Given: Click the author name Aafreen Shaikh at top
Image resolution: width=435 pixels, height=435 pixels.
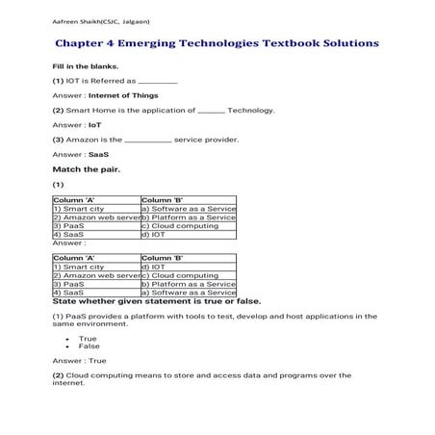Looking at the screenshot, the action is (87, 21).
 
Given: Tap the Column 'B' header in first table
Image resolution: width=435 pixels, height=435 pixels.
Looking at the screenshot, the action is (162, 200).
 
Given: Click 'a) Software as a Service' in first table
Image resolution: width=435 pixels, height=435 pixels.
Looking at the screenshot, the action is (188, 209).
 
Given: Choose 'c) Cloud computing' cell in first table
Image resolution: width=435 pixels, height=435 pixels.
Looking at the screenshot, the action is (179, 226).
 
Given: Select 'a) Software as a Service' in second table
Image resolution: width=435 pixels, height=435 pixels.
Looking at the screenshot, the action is (188, 293).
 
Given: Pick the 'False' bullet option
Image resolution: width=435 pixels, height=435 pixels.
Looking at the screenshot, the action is (89, 346).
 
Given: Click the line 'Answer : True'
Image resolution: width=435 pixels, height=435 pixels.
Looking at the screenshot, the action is (80, 361).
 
